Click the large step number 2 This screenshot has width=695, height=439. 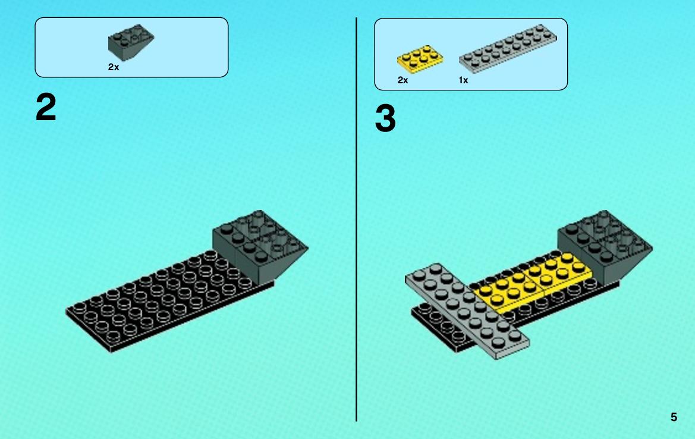point(46,107)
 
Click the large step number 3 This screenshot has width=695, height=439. point(385,118)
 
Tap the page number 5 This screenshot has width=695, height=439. point(674,417)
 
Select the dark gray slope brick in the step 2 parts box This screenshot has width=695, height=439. point(131,42)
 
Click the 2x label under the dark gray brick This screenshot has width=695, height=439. point(114,67)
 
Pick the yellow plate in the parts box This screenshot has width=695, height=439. point(420,58)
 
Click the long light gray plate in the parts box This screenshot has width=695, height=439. point(508,48)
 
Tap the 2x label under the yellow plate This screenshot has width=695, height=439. point(402,80)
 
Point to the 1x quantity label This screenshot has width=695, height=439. point(463,80)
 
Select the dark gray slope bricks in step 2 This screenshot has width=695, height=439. point(259,246)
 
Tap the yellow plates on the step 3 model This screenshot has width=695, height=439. point(532,281)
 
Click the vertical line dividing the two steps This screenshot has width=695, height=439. point(356,219)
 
